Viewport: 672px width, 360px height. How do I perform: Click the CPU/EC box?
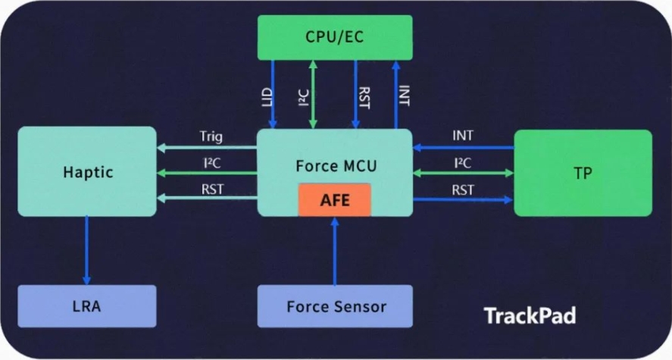click(x=335, y=37)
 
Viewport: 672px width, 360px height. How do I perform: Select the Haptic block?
click(x=87, y=171)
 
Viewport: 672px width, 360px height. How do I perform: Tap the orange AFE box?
click(x=335, y=200)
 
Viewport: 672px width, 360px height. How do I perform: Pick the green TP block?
click(x=583, y=173)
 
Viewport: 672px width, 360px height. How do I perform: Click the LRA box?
click(x=87, y=306)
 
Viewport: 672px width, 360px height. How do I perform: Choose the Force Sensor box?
click(x=335, y=306)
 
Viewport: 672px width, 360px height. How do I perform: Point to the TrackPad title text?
click(x=530, y=316)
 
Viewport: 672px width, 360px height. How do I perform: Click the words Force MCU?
click(x=336, y=166)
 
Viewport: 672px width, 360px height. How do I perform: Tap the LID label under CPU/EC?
click(x=267, y=97)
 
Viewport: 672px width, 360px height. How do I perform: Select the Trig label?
click(x=211, y=136)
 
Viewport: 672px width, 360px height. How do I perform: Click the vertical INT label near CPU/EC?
click(x=404, y=95)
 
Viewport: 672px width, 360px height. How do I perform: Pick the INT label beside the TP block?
click(x=463, y=136)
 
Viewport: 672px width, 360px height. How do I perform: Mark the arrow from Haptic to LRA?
click(x=86, y=250)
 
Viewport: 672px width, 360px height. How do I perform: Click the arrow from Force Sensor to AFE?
click(x=335, y=251)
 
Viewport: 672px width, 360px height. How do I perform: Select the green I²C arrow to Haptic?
click(x=207, y=173)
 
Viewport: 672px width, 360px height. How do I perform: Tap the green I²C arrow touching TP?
click(x=464, y=173)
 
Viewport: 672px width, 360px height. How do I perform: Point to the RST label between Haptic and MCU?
click(x=213, y=189)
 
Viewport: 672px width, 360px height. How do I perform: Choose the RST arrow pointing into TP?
click(x=463, y=200)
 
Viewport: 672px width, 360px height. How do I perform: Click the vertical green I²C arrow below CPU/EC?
click(x=313, y=94)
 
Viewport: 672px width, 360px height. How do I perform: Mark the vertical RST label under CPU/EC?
click(x=364, y=98)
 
